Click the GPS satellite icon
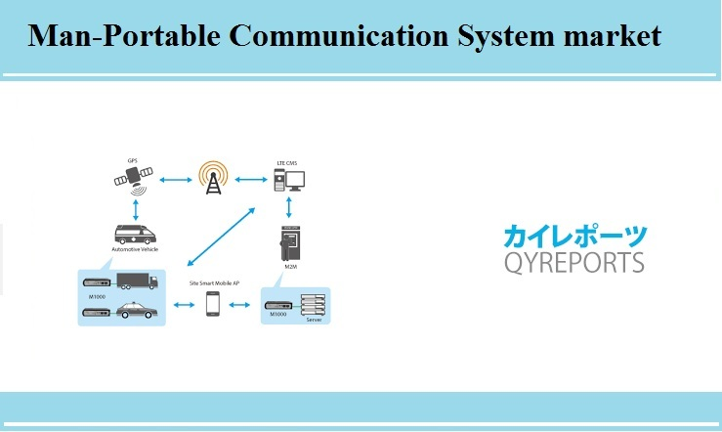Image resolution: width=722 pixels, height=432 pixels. (132, 179)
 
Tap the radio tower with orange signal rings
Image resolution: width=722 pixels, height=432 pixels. (212, 178)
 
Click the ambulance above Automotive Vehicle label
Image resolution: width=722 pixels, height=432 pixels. (136, 236)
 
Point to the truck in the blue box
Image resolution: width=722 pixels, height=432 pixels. (136, 281)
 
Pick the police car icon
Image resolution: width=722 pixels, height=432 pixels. (136, 313)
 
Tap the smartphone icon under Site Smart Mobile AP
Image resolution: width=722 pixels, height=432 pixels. (212, 304)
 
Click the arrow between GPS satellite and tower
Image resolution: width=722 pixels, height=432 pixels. (174, 179)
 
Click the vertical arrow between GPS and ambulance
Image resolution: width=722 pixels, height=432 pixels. (135, 208)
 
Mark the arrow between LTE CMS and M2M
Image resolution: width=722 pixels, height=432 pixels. (289, 207)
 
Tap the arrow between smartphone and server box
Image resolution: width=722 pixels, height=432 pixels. (239, 305)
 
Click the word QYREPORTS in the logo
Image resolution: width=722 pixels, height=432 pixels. (573, 261)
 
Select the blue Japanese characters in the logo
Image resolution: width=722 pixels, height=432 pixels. (573, 236)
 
